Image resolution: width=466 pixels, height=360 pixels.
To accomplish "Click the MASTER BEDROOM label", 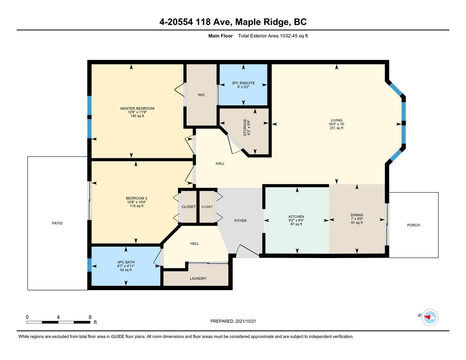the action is (137, 108).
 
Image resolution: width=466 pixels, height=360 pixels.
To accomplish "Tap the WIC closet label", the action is (201, 95).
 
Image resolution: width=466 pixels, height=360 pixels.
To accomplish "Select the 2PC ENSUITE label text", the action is (244, 83).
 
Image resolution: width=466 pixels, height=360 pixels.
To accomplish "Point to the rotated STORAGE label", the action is (245, 127).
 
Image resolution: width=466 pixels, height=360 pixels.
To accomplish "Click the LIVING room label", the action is (336, 120).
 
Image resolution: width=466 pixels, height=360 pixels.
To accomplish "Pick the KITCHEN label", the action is (296, 217).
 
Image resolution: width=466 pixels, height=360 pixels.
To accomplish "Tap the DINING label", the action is (357, 215).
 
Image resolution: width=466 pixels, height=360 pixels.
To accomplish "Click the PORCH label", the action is (414, 225).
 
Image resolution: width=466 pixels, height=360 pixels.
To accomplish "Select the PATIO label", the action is (57, 223).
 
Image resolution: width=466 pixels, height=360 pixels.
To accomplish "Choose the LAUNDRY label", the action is (198, 278).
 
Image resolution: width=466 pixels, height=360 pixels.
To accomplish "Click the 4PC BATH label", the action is (126, 262).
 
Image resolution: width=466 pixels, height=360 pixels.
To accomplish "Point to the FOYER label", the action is (240, 221).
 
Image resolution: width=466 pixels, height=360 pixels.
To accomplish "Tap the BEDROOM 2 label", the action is (137, 198).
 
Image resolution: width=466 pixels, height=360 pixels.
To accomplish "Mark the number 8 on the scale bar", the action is (90, 317).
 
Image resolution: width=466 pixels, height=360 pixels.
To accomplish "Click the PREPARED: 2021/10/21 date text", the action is (233, 321).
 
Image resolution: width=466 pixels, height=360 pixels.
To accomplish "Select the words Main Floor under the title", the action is (221, 36).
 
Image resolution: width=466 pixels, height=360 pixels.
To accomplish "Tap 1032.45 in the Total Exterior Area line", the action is (289, 36).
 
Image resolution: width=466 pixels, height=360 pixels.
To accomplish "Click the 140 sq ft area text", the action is (137, 116).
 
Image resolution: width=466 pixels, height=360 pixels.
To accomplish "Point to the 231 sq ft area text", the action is (336, 128).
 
